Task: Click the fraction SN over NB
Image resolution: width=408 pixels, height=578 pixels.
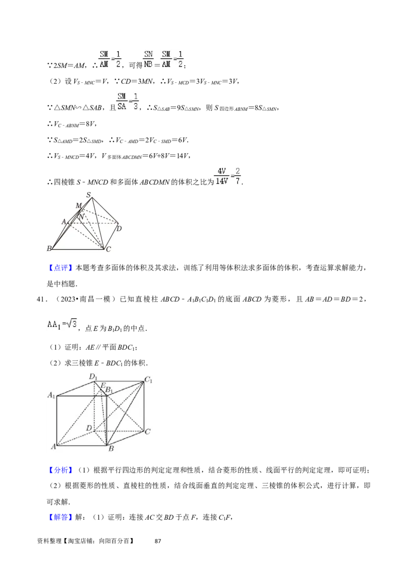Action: click(x=148, y=59)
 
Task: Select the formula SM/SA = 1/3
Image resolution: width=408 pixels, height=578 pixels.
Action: click(x=128, y=101)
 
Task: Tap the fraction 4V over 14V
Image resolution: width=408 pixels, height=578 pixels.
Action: click(x=221, y=176)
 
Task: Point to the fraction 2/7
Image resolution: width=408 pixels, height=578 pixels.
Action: click(x=238, y=176)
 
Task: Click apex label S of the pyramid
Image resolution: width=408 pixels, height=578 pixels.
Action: click(x=89, y=195)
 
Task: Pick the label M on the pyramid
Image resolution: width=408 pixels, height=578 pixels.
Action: click(x=78, y=205)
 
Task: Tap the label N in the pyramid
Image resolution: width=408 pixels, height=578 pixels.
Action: click(x=81, y=216)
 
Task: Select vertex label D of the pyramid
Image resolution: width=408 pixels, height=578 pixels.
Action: click(x=119, y=228)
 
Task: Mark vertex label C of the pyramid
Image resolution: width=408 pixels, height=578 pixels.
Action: click(x=108, y=249)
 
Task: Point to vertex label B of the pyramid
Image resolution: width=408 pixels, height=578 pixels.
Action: click(x=49, y=249)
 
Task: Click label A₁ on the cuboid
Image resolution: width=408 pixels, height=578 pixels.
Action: click(x=51, y=395)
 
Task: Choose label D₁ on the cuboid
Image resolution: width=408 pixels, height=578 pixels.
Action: click(x=93, y=377)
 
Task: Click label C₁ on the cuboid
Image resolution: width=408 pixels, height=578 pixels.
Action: click(x=149, y=379)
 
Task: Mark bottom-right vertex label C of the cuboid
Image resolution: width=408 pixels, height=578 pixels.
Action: click(x=147, y=432)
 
